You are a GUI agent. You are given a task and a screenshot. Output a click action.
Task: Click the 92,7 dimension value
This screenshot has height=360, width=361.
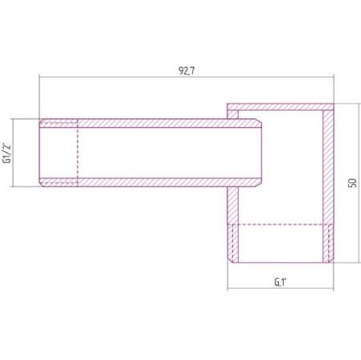click(x=187, y=71)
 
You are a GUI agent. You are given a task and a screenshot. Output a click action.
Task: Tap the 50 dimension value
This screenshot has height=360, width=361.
click(x=352, y=183)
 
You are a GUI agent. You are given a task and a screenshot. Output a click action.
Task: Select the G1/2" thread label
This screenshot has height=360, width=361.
click(x=6, y=153)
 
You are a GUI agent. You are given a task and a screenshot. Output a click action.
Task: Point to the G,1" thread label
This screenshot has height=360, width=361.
click(x=281, y=282)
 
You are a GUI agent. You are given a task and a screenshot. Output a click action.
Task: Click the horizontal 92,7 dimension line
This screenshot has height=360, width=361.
click(x=187, y=77)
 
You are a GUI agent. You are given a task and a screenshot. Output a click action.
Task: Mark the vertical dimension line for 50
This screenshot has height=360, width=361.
click(x=359, y=183)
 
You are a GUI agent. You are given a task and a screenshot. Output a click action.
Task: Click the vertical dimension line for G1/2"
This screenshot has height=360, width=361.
click(x=13, y=153)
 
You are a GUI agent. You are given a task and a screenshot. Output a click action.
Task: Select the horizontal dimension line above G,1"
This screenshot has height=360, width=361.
click(x=281, y=288)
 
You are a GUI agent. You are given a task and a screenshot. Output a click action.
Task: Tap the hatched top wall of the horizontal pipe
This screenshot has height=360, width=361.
click(x=150, y=123)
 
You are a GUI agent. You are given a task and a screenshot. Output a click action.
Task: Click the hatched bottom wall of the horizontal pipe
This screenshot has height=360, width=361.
click(x=150, y=182)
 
